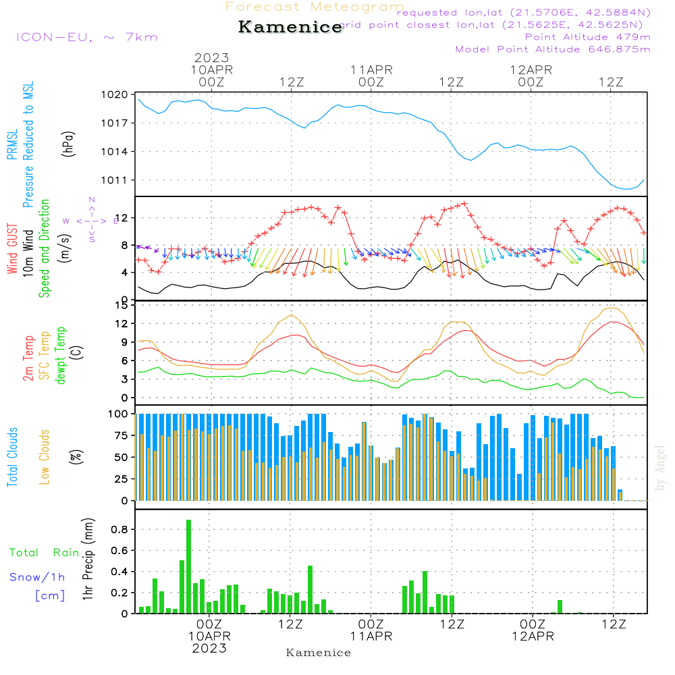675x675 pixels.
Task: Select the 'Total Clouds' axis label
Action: [x=13, y=457]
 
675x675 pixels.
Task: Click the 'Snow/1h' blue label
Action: [x=37, y=577]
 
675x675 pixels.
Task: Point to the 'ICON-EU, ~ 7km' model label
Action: [x=86, y=37]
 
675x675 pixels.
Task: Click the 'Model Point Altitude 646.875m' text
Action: [x=553, y=49]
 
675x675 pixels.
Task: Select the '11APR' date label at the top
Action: [x=371, y=70]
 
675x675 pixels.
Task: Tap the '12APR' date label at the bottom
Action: [x=532, y=636]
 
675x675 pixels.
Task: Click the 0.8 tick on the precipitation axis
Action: [x=119, y=530]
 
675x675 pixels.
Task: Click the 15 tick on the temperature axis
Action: [x=122, y=305]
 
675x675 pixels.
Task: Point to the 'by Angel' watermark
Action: [x=659, y=468]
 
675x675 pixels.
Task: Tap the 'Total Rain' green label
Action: [x=44, y=553]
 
